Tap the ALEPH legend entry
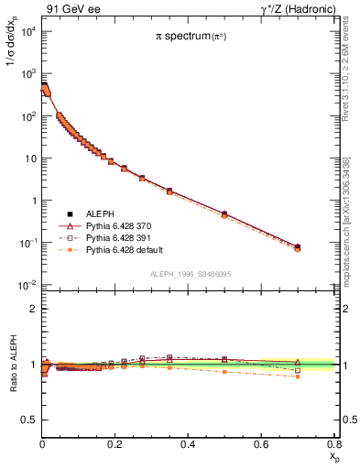click(101, 213)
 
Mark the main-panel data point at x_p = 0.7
click(297, 246)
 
